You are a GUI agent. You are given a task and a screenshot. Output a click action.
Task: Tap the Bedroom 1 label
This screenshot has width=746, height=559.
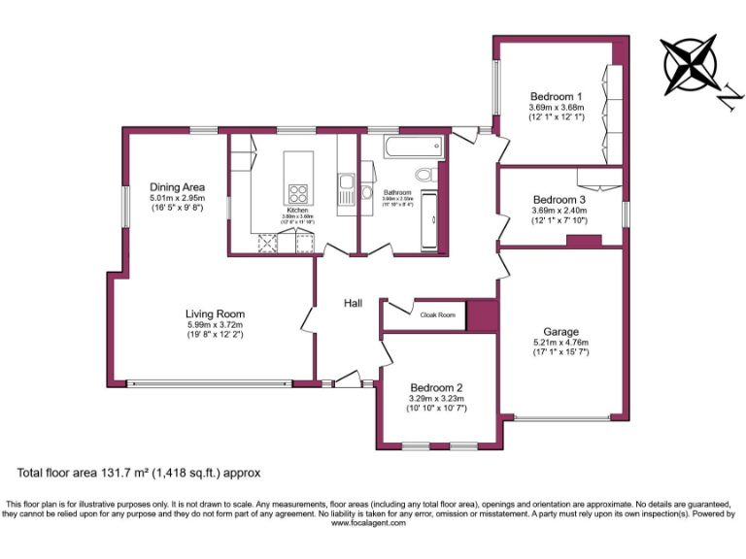click(x=556, y=96)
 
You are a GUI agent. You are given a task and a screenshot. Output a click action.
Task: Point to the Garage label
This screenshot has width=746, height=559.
click(x=560, y=332)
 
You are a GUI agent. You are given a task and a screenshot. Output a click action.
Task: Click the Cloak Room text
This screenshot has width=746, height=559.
click(x=437, y=314)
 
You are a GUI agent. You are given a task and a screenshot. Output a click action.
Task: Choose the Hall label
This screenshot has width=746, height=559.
click(x=353, y=304)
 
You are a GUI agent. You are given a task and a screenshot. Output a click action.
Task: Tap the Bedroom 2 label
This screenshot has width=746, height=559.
click(x=435, y=386)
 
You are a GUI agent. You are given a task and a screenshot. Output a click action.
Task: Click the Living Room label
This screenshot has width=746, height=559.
click(x=215, y=313)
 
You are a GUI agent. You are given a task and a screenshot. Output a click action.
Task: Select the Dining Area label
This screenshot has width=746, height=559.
click(x=176, y=186)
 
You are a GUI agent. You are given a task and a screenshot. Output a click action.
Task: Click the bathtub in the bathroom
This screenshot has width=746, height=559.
click(x=414, y=149)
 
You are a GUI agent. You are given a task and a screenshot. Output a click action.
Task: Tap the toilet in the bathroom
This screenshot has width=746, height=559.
click(x=424, y=175)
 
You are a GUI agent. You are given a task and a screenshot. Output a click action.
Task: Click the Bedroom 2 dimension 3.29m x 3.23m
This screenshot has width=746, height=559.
click(x=435, y=398)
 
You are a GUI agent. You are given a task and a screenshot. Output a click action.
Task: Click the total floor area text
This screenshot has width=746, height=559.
click(x=139, y=473)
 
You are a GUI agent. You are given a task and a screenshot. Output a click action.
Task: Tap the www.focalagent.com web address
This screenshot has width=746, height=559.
click(x=372, y=522)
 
